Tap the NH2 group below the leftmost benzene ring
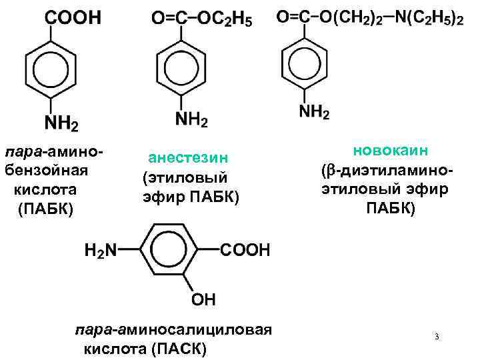click(61, 124)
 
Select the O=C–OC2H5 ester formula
click(202, 20)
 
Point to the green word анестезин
click(189, 157)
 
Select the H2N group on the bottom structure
click(100, 251)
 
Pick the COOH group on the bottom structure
click(245, 251)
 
